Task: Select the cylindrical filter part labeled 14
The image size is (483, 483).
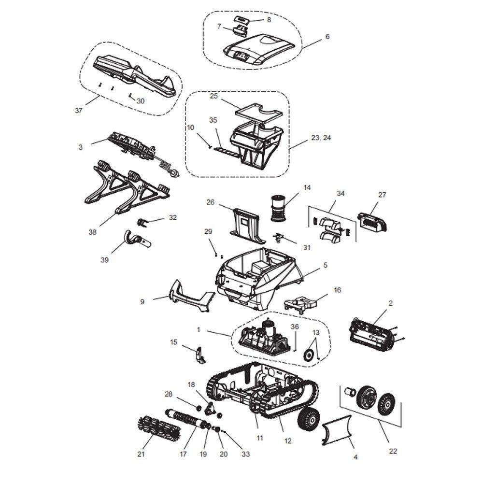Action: point(278,208)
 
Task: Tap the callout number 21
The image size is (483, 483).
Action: point(141,454)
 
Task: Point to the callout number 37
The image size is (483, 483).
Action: point(79,111)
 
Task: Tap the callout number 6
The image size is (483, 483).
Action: point(327,37)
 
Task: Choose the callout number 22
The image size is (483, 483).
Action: point(393,451)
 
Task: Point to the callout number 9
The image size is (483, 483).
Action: point(142,302)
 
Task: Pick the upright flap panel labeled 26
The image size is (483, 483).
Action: point(247,223)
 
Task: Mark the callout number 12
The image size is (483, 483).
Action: point(288,441)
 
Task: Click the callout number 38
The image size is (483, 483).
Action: point(92,232)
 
